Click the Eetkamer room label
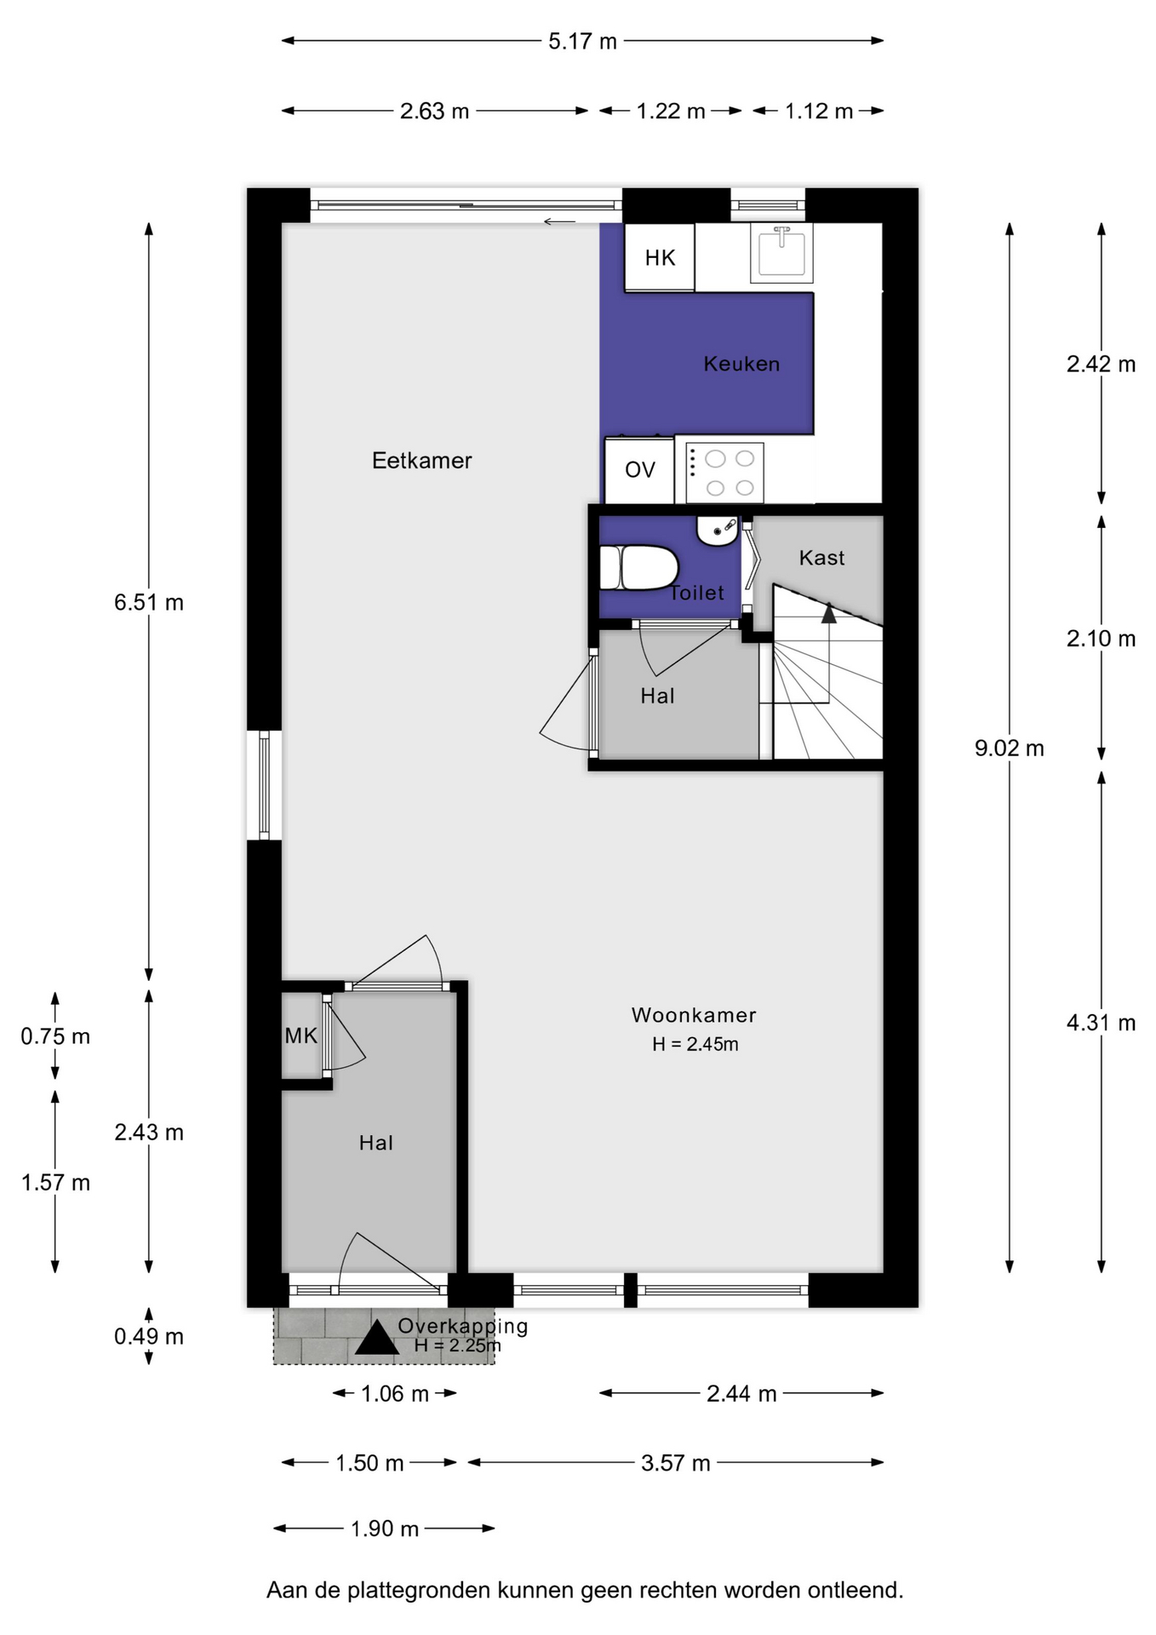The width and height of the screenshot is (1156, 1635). pos(421,461)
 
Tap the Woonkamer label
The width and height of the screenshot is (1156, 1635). pos(694,1015)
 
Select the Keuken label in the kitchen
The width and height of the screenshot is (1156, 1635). pos(741,364)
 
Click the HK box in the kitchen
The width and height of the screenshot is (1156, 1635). pos(660,257)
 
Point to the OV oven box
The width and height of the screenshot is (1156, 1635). pos(639,470)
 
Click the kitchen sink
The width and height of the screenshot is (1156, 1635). pos(781,252)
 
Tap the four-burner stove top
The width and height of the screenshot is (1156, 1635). pos(724,473)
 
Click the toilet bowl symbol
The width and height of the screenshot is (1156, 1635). pos(638,568)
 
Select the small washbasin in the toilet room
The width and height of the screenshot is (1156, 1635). pos(718,530)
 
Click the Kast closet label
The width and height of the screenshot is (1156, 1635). pos(821,558)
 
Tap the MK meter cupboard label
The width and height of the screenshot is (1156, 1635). pos(300,1035)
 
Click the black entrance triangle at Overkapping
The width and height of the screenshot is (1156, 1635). pos(377,1337)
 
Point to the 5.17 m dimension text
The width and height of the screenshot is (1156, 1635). pos(582,41)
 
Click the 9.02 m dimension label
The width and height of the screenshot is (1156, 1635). pos(1009,748)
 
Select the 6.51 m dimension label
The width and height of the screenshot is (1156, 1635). pos(149,602)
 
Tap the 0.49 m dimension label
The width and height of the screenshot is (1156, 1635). pos(149,1336)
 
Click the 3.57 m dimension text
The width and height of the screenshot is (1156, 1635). pos(675,1463)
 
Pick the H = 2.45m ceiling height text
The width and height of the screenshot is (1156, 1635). pos(695,1044)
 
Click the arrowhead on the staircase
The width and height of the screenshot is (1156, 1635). pos(828,612)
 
